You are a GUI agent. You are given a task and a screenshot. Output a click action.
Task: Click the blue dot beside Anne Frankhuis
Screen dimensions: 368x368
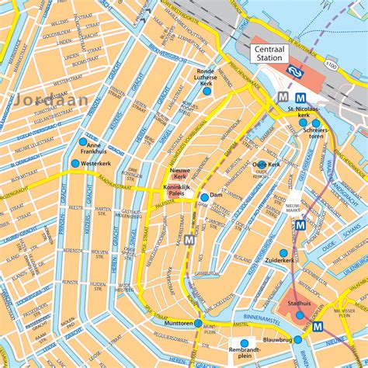tap(82, 141)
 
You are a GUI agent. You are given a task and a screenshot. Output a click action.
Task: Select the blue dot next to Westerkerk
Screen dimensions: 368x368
tap(75, 164)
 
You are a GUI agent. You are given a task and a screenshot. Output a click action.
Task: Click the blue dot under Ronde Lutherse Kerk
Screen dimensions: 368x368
tap(207, 92)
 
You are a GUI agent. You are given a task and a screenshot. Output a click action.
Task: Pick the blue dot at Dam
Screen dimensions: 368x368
tap(203, 196)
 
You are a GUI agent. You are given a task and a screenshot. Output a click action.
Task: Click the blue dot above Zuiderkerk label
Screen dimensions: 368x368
tap(284, 252)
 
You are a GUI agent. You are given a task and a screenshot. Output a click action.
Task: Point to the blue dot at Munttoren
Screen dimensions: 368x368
tap(198, 323)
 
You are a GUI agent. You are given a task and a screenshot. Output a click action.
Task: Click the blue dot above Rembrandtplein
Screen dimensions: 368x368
tap(245, 342)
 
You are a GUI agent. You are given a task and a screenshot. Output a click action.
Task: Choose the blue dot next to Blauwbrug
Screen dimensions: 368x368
tap(297, 339)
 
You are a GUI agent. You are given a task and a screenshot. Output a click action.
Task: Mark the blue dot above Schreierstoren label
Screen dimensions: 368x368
tap(316, 123)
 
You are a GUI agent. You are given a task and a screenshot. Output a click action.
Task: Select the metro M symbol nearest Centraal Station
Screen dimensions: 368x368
tap(284, 96)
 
